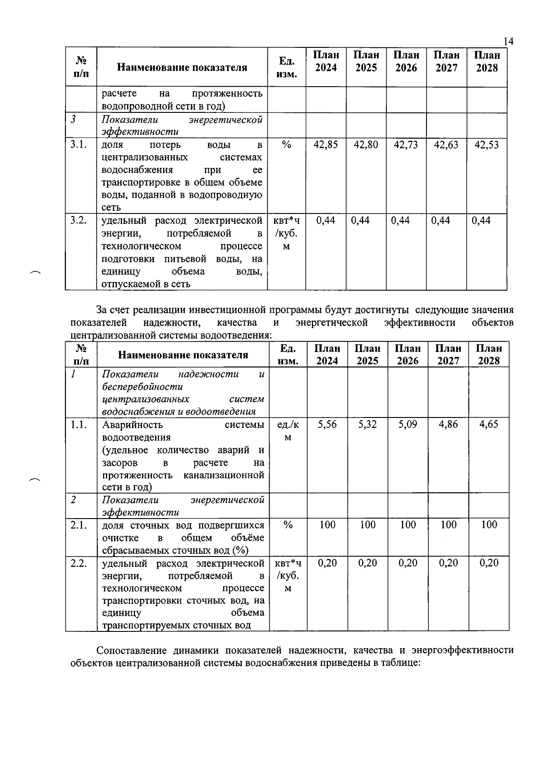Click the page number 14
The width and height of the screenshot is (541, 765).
[x=508, y=42]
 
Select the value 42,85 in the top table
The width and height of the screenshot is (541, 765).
[x=326, y=145]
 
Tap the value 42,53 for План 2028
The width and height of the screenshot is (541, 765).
[x=486, y=145]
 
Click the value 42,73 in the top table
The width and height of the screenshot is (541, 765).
[x=406, y=145]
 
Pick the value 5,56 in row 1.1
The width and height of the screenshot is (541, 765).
[x=327, y=424]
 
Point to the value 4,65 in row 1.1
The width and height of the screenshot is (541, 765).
[x=489, y=424]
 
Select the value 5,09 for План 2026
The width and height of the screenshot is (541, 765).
[x=408, y=424]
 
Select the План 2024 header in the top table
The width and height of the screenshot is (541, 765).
[x=326, y=61]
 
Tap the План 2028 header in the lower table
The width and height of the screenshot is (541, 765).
[x=489, y=354]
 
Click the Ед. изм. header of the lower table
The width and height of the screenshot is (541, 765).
[x=288, y=354]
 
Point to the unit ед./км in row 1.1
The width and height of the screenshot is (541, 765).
[x=288, y=431]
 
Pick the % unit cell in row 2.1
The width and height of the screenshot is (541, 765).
[x=288, y=525]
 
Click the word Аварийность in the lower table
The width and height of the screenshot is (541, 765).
[x=133, y=425]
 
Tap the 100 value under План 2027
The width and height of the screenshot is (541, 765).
[x=448, y=525]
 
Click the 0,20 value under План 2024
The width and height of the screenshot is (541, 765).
[x=327, y=563]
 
